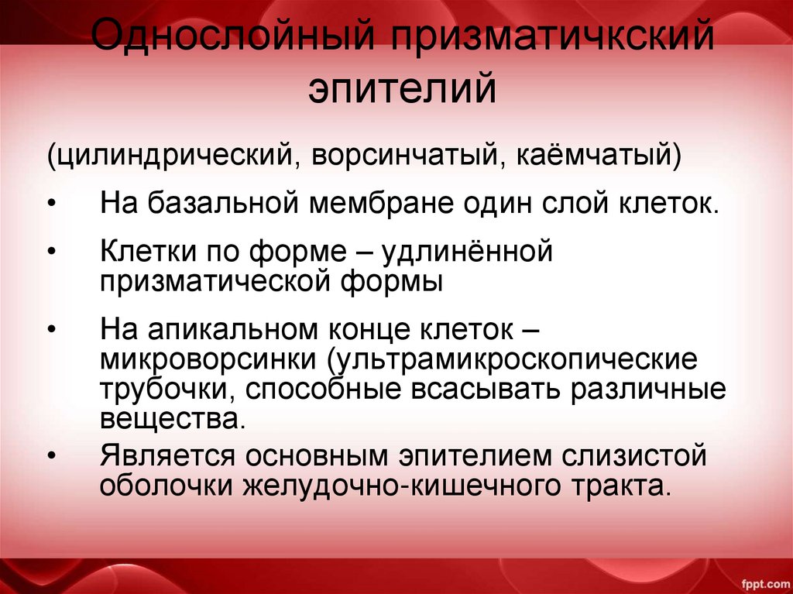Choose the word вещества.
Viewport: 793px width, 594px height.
tap(173, 419)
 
